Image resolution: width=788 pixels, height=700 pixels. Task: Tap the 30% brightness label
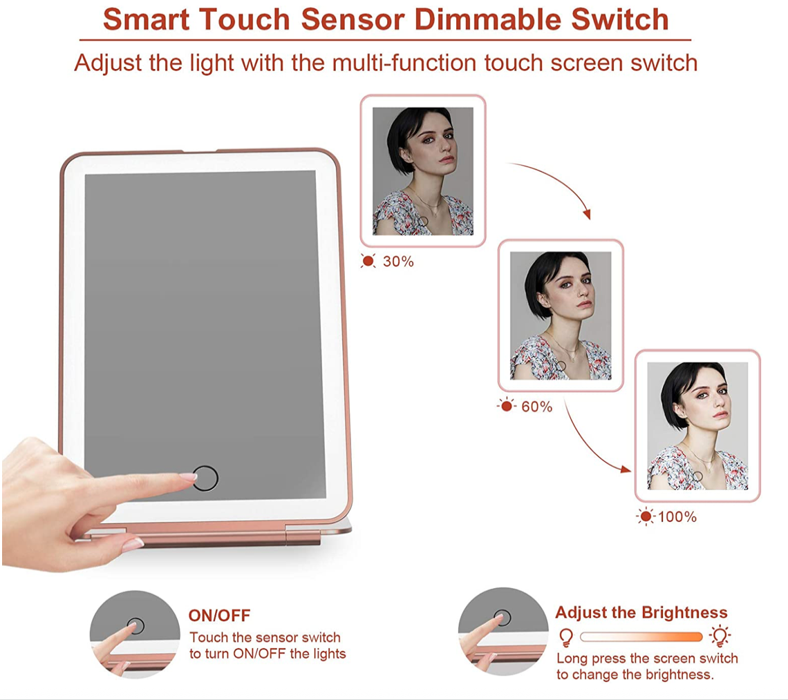point(398,262)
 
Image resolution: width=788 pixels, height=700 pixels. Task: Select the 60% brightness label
point(536,407)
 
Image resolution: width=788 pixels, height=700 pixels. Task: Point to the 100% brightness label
point(677,517)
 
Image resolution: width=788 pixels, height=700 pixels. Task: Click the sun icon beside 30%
point(368,261)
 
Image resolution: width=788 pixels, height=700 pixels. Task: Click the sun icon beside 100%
point(646,516)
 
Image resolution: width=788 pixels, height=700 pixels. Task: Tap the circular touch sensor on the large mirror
point(205,478)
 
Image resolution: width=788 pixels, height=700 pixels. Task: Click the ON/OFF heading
point(219,615)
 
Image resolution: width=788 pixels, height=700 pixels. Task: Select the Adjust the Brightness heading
point(641,612)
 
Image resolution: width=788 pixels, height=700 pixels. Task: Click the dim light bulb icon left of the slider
point(566,637)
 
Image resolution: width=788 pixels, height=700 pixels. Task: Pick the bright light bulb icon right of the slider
point(720,636)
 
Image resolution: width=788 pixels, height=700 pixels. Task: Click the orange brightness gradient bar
point(641,636)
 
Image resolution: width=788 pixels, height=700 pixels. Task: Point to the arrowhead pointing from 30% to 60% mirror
point(587,214)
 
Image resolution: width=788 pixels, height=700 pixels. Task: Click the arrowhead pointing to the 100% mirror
point(626,469)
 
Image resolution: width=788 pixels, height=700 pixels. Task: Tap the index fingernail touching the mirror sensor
point(189,477)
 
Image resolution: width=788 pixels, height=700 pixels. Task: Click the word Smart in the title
point(147,19)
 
